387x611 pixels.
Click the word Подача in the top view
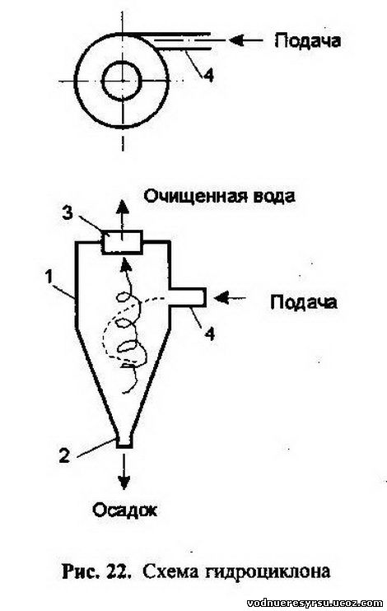(307, 41)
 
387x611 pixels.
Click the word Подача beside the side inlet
(304, 302)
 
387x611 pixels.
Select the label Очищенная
(194, 196)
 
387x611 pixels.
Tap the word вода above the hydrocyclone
(273, 196)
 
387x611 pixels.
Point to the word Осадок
(124, 509)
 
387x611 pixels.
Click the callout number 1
(49, 278)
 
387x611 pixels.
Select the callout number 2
(64, 456)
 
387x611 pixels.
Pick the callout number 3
(68, 214)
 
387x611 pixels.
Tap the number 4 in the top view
(208, 75)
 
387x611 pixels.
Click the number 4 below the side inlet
(210, 334)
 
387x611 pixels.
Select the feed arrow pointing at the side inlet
(230, 298)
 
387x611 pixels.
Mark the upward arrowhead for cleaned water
(122, 206)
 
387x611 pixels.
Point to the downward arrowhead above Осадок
(124, 483)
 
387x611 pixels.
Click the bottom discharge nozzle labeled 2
(124, 441)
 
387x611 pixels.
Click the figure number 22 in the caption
(116, 572)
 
